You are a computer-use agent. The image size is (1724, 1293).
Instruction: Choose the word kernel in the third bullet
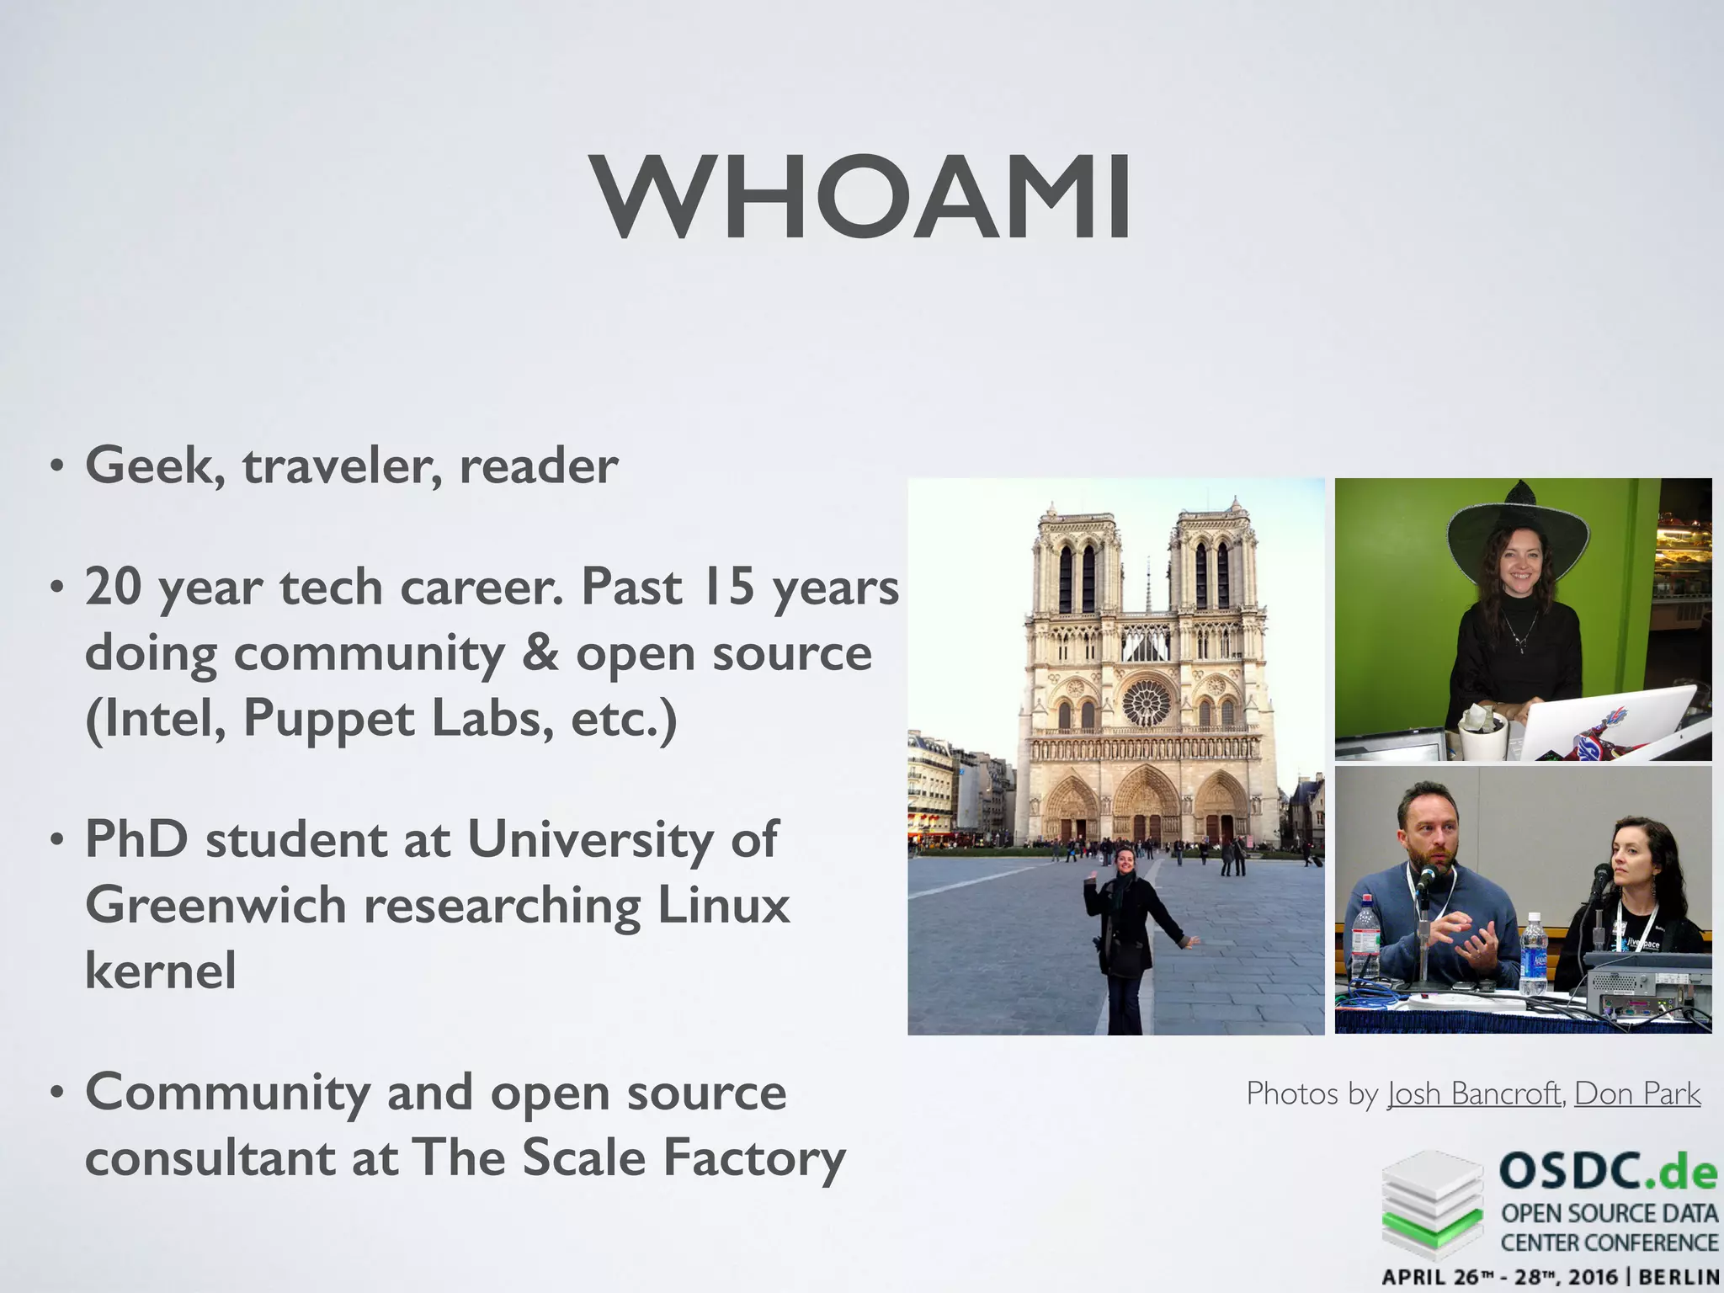pos(161,970)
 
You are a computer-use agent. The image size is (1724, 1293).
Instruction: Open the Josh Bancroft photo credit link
pos(1474,1093)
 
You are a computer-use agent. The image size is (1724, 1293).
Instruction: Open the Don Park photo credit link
pos(1637,1093)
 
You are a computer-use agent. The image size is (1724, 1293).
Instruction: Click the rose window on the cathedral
pos(1147,702)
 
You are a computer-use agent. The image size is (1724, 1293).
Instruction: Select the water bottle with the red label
pos(1365,934)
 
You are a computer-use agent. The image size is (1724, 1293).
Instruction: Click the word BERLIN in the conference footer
pos(1679,1276)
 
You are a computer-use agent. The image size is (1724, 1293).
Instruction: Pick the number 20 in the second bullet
pos(113,587)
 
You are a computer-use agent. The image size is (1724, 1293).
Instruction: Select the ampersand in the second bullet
pos(540,654)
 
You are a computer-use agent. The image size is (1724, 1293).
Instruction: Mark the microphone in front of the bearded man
pos(1426,880)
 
